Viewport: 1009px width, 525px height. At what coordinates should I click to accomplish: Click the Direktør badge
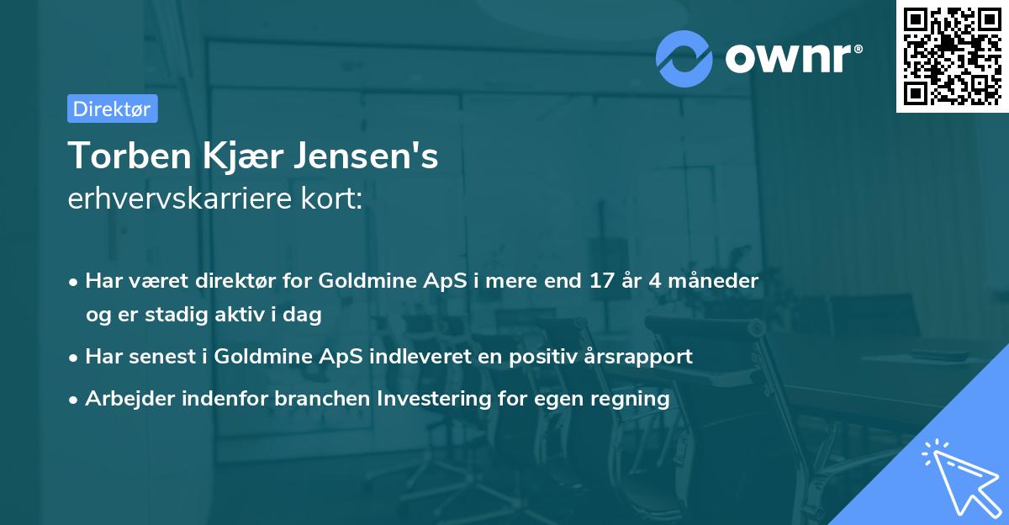(112, 109)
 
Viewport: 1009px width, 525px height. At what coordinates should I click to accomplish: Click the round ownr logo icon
(684, 58)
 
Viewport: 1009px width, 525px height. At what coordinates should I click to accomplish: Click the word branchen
(315, 399)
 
